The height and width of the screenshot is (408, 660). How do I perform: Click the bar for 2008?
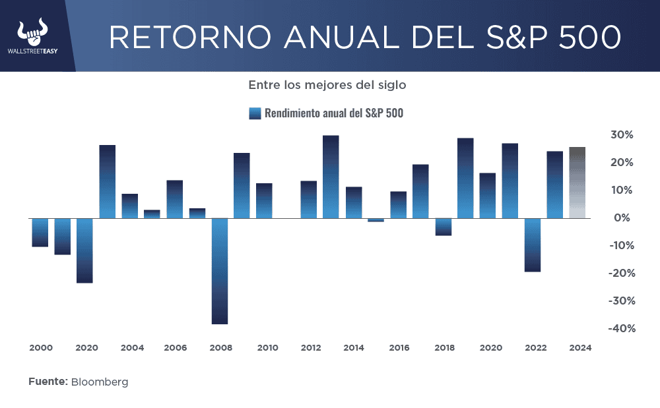coord(219,270)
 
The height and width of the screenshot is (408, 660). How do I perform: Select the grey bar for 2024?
coord(577,183)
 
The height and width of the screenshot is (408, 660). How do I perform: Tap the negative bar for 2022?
coord(533,245)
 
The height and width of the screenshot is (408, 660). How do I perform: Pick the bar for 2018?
coord(443,226)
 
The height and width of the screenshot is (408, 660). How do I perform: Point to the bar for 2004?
coord(130,206)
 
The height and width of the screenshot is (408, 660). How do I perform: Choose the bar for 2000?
coord(40,232)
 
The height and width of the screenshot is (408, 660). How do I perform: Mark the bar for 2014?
coord(354,202)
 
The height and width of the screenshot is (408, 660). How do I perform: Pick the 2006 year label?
coord(175,347)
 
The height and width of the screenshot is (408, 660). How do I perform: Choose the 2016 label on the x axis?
coord(399,347)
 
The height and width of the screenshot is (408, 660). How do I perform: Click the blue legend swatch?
coord(255,113)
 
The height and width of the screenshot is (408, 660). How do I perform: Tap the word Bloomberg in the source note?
coord(100,382)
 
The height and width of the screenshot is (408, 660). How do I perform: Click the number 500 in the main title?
coord(589,38)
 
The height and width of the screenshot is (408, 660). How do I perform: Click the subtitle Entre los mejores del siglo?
coord(327,85)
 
